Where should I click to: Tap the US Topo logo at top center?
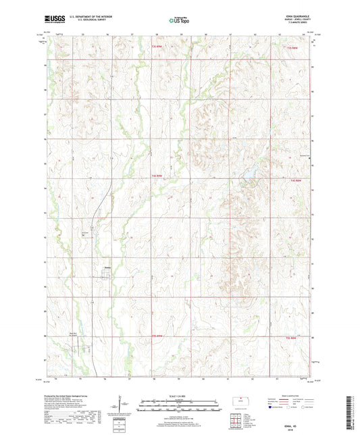tap(179, 21)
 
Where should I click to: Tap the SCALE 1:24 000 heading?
tap(179, 395)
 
